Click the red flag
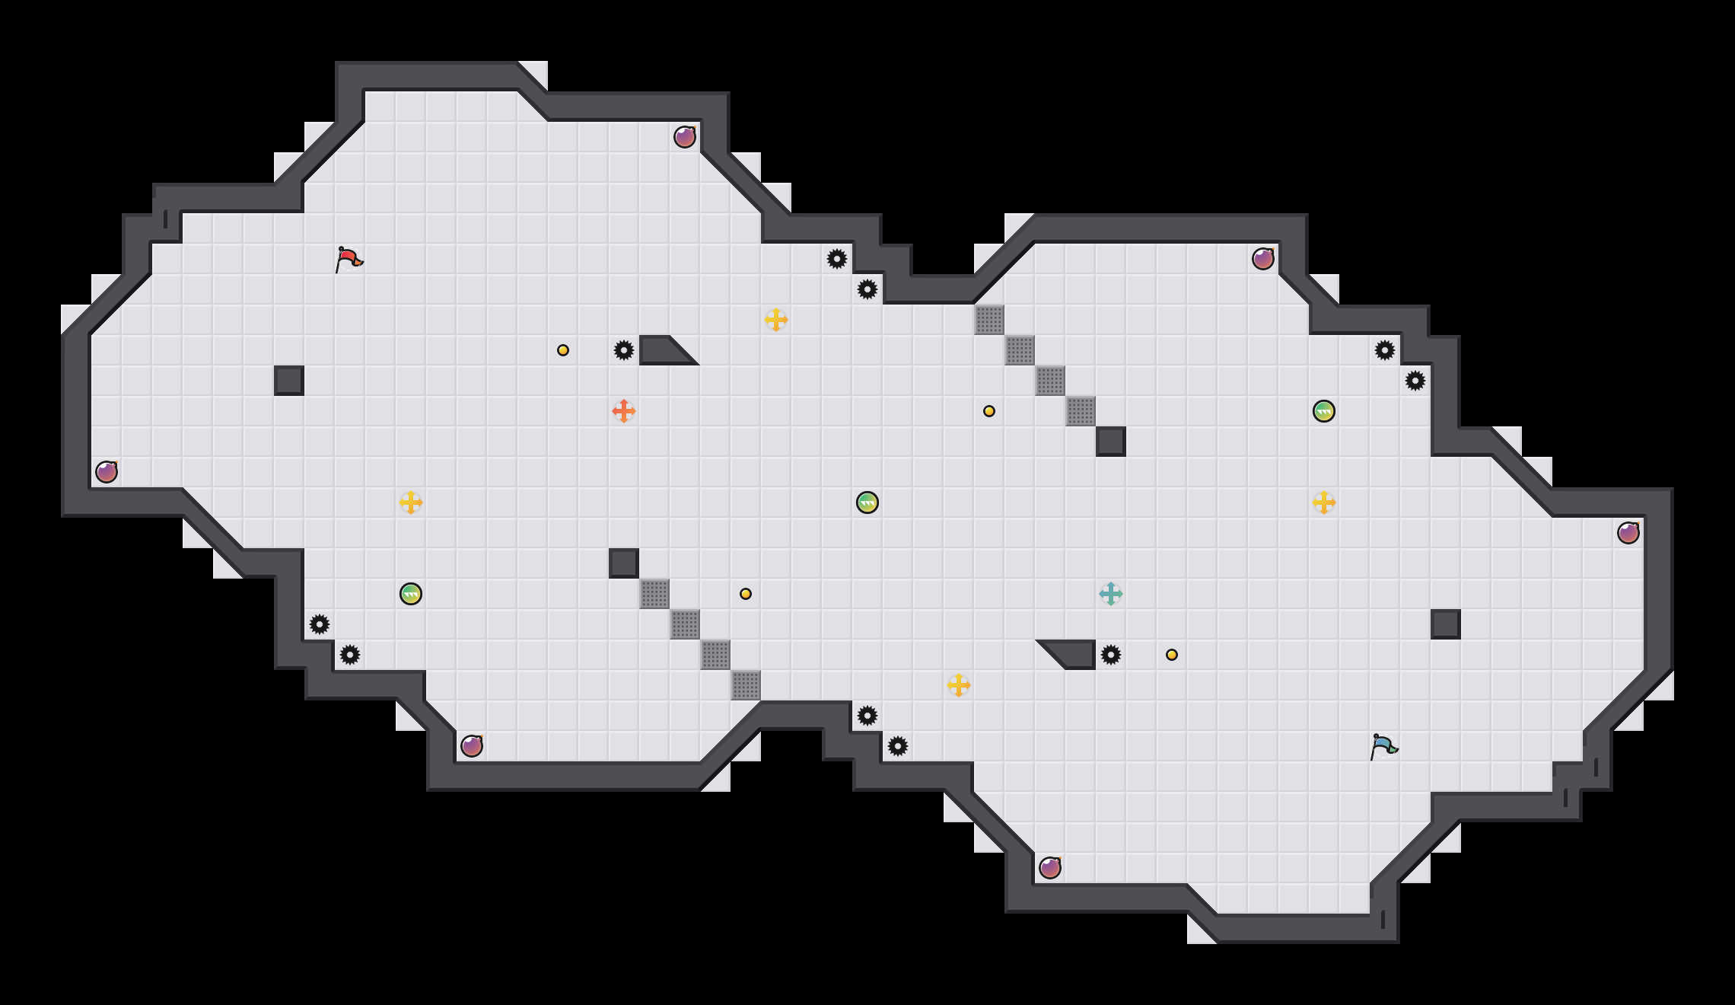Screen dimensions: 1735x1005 point(349,259)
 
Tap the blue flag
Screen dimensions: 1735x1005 point(1383,746)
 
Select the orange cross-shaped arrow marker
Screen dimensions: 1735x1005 point(624,411)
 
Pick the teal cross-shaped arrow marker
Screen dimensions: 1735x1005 point(1111,594)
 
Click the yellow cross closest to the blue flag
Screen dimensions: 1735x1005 point(1324,502)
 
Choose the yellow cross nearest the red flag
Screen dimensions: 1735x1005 point(411,502)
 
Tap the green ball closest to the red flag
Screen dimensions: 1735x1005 point(411,594)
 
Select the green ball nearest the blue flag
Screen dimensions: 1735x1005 point(1324,411)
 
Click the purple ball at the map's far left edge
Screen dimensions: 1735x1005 point(107,472)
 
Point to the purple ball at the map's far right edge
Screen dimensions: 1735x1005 point(1628,533)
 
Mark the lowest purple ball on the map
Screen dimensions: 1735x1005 point(1050,868)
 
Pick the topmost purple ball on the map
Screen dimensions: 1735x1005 point(685,137)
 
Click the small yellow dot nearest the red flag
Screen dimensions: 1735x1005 point(563,350)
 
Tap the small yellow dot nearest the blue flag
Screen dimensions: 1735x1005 point(1172,655)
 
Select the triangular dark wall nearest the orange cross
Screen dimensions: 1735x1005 point(662,350)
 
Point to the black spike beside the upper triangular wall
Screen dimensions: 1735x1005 point(624,350)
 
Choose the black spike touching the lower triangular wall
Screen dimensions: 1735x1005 point(1111,655)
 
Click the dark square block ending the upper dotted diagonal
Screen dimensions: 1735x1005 point(1111,442)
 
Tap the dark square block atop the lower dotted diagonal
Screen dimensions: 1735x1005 point(624,563)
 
